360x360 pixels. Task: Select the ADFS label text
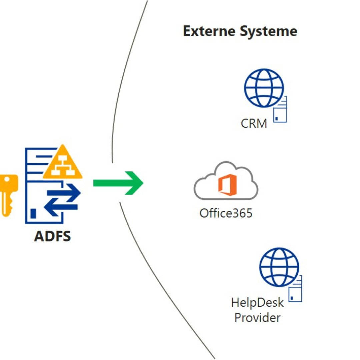click(x=53, y=236)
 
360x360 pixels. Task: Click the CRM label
click(x=254, y=124)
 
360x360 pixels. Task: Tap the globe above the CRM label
click(x=263, y=88)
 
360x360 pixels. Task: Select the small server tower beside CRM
click(x=281, y=110)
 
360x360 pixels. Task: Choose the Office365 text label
click(x=226, y=213)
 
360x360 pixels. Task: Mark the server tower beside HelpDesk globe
click(x=296, y=290)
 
